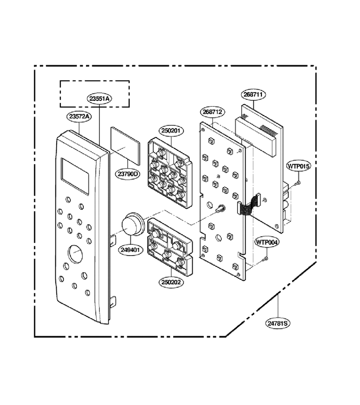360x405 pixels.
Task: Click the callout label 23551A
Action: coord(99,99)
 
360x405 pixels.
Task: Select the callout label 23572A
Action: coord(79,116)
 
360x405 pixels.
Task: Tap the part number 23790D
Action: coord(128,174)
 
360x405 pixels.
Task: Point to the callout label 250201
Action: coord(171,130)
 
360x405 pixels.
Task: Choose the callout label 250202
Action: coord(171,282)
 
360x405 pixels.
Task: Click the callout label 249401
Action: coord(132,250)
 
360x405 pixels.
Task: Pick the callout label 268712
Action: coord(212,112)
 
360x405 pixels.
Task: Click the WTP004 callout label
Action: coord(267,242)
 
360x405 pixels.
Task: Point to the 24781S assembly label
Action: coord(278,323)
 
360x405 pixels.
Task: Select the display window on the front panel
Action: coord(75,176)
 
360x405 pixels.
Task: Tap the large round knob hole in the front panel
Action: coord(76,254)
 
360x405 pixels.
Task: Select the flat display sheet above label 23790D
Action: coord(125,146)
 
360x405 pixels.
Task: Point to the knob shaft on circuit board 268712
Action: coord(220,208)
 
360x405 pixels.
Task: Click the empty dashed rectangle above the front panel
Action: coord(95,81)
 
